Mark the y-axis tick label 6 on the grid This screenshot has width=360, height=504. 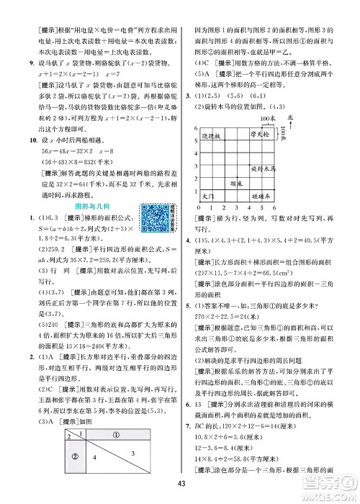click(196, 127)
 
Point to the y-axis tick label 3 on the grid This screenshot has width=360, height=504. click(196, 164)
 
